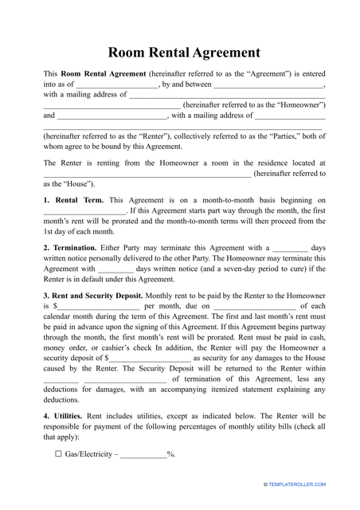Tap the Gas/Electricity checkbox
click(x=47, y=477)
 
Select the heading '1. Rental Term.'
click(x=72, y=200)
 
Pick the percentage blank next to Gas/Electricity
click(x=143, y=477)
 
